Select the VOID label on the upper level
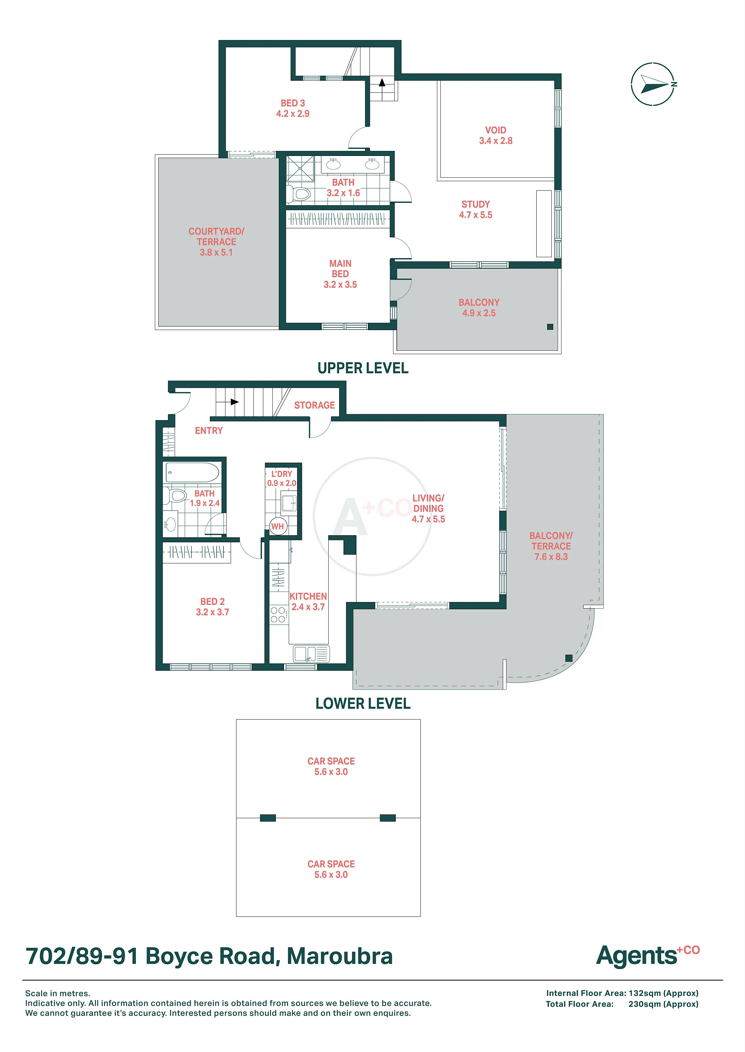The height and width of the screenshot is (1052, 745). point(496,130)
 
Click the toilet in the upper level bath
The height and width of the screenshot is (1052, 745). point(299,194)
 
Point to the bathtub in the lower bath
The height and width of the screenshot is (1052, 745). point(192,472)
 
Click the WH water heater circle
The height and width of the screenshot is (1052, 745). point(277,526)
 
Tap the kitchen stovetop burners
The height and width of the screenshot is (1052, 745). point(278,614)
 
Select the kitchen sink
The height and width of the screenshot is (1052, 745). point(311,654)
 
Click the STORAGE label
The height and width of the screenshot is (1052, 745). point(314,405)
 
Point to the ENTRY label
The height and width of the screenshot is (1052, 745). point(209,431)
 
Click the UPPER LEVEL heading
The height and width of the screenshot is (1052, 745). point(363,368)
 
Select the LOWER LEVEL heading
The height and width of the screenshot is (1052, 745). point(363,704)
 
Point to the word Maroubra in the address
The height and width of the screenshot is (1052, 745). point(340,956)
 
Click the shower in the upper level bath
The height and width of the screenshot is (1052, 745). point(300,169)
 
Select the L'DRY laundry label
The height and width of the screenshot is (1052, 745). point(282,474)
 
